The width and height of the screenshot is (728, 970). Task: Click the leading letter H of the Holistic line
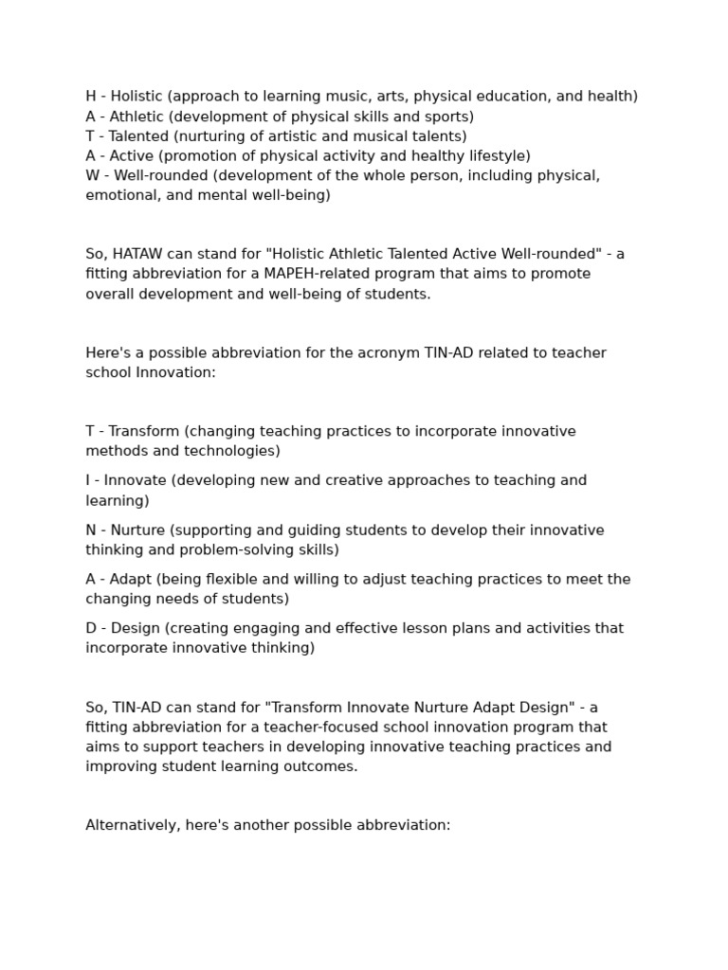[91, 97]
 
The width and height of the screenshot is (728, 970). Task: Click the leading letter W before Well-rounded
[92, 176]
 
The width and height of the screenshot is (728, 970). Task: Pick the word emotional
[120, 196]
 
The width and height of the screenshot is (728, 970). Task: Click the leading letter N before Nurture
[91, 530]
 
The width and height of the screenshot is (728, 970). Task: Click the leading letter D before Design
[91, 629]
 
